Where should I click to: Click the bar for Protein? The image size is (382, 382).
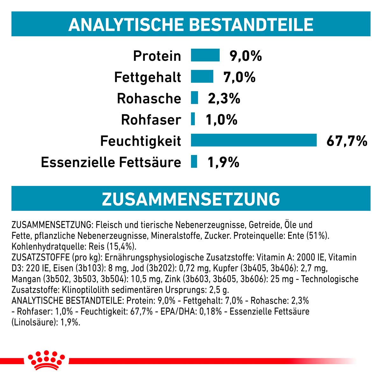pos(205,55)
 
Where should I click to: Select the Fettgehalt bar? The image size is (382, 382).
pos(202,76)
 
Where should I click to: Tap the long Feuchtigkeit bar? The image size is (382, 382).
pos(253,140)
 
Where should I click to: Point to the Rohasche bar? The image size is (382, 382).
pos(195,98)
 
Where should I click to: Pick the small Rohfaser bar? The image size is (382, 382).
pos(193,119)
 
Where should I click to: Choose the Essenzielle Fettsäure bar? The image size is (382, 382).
pos(194,161)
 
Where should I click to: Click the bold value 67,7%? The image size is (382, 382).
pos(347,141)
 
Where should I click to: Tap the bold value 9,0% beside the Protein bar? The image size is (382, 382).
pos(246,56)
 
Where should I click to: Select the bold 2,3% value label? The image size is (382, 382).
pos(224,98)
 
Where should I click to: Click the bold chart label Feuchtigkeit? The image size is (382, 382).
pos(140,141)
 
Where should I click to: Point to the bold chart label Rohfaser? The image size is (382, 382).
pos(151,120)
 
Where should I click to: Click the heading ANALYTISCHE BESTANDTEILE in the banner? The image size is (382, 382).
pos(191,25)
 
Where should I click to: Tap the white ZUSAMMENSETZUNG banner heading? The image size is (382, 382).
pos(191,199)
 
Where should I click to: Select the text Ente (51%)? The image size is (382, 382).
pos(308,236)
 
